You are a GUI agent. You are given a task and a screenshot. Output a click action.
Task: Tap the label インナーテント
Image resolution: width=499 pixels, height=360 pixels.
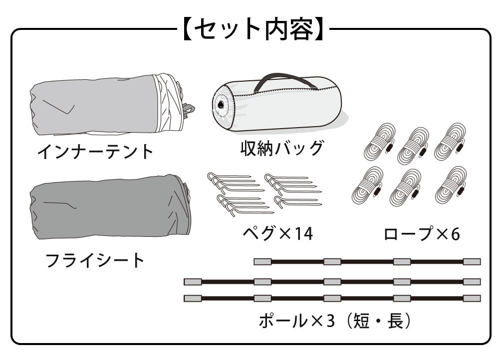(95, 151)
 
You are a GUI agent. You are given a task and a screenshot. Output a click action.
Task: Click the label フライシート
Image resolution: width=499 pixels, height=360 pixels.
(95, 260)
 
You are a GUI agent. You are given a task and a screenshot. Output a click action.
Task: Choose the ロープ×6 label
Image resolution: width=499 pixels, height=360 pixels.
(422, 233)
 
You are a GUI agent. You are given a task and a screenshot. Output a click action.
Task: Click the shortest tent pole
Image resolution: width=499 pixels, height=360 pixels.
(367, 262)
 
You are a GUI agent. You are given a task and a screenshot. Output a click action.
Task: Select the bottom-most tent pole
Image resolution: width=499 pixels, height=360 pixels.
(332, 299)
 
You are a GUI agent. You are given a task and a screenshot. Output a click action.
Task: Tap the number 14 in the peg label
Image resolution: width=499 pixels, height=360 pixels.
(304, 233)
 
